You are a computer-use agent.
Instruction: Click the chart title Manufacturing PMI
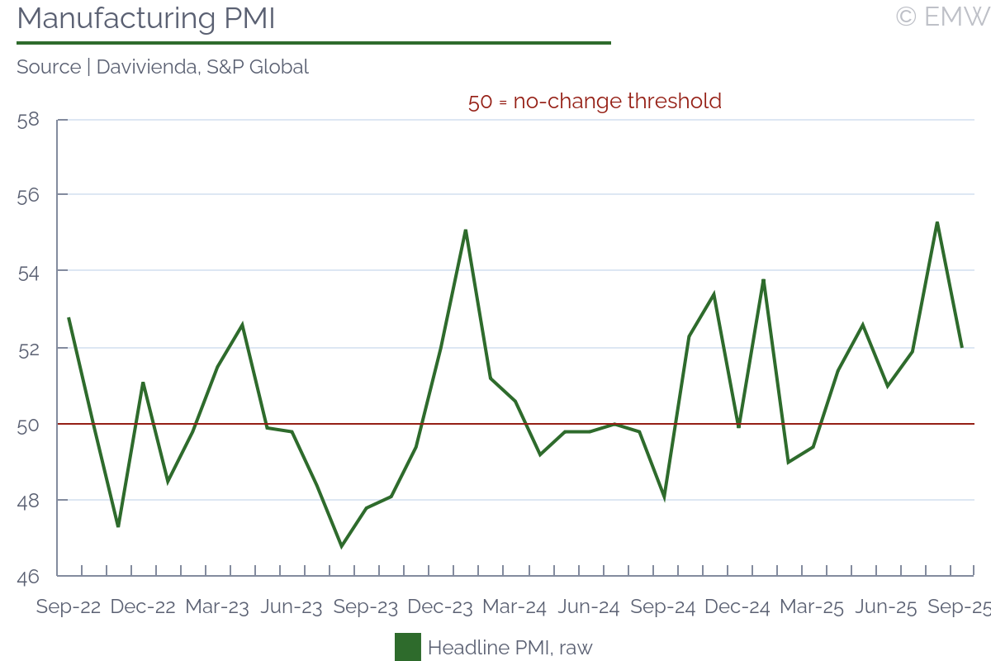coord(145,18)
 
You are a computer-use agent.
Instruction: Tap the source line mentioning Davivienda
coord(163,67)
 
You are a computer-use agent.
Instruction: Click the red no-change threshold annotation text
coord(595,102)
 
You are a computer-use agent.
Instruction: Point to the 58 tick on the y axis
coord(28,119)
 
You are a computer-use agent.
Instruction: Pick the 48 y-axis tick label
coord(28,500)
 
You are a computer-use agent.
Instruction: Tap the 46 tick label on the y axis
coord(28,576)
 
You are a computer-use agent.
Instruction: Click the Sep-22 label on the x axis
coord(69,607)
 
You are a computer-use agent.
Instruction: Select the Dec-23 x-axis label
coord(440,607)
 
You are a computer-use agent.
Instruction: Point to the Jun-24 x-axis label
coord(589,607)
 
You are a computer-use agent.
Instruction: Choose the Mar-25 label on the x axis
coord(812,607)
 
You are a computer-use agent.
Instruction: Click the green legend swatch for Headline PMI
coord(408,647)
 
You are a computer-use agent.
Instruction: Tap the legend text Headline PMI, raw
coord(510,647)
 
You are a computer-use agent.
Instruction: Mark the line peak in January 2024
coord(466,231)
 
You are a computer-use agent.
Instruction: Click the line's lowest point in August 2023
coord(341,546)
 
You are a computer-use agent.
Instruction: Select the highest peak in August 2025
coord(937,222)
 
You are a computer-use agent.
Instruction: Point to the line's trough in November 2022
coord(118,526)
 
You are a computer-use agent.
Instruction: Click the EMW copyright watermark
coord(942,17)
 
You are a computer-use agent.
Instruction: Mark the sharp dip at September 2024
coord(664,497)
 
